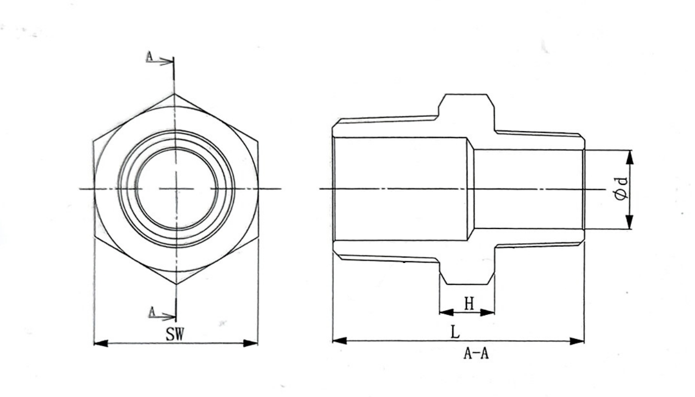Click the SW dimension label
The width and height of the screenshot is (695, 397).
pyautogui.click(x=174, y=335)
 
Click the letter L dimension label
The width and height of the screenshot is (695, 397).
pyautogui.click(x=455, y=332)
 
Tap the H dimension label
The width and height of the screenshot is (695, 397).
pyautogui.click(x=469, y=304)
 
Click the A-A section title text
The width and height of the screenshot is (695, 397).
pyautogui.click(x=476, y=354)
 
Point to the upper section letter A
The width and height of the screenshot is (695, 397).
pyautogui.click(x=149, y=57)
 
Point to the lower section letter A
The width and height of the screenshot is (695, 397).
pyautogui.click(x=152, y=312)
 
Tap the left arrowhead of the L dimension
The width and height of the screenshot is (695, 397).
pyautogui.click(x=339, y=341)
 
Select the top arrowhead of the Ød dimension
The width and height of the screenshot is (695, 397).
pyautogui.click(x=629, y=156)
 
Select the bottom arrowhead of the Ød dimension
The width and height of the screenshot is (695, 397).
pyautogui.click(x=629, y=222)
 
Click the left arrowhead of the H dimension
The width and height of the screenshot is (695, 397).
pyautogui.click(x=446, y=312)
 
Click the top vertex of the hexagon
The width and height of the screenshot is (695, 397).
pyautogui.click(x=174, y=94)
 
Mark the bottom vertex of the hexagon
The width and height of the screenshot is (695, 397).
pyautogui.click(x=176, y=284)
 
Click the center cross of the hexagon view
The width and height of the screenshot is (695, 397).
pyautogui.click(x=175, y=189)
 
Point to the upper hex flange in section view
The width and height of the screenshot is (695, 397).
pyautogui.click(x=466, y=106)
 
